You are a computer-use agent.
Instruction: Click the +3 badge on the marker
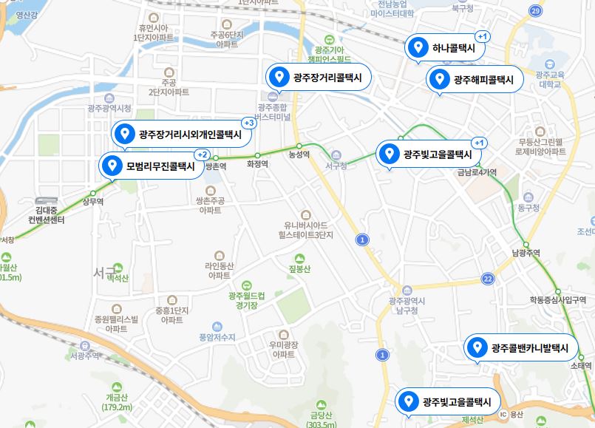coord(249,123)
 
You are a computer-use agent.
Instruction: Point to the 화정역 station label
coord(257,164)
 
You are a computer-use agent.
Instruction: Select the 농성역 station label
coord(299,154)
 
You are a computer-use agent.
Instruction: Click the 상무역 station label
coord(92,201)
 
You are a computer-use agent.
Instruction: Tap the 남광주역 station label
coord(526,253)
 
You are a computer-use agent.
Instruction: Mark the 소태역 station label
coord(582,365)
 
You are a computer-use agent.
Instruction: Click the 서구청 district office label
coord(336,165)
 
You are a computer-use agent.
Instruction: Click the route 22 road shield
coord(487,279)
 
